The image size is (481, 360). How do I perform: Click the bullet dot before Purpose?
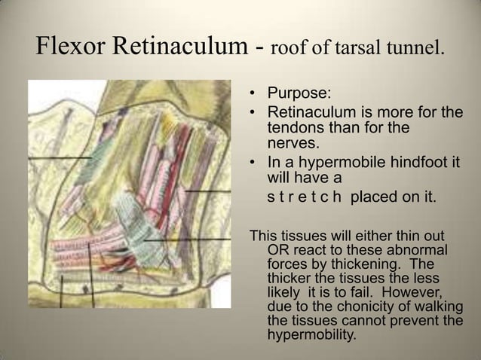pos(253,96)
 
